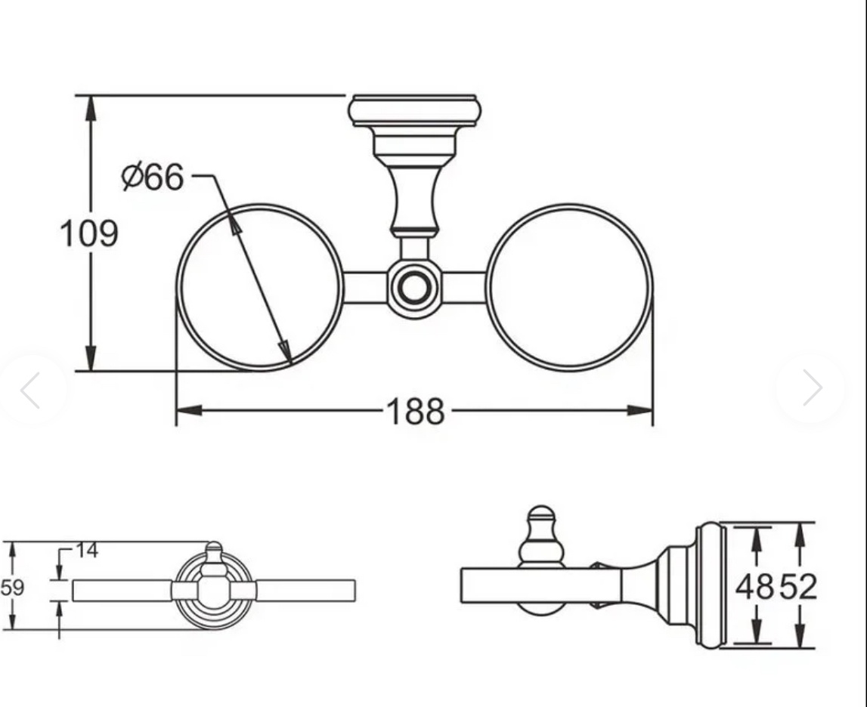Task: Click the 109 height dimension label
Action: (89, 233)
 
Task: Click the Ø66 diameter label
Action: (153, 177)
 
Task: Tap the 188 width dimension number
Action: (416, 412)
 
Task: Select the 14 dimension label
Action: (87, 550)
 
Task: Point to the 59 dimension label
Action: (12, 587)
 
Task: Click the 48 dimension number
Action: (754, 587)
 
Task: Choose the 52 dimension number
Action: (798, 587)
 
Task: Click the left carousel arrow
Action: (30, 390)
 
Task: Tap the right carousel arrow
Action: (813, 387)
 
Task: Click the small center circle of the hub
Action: (414, 288)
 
